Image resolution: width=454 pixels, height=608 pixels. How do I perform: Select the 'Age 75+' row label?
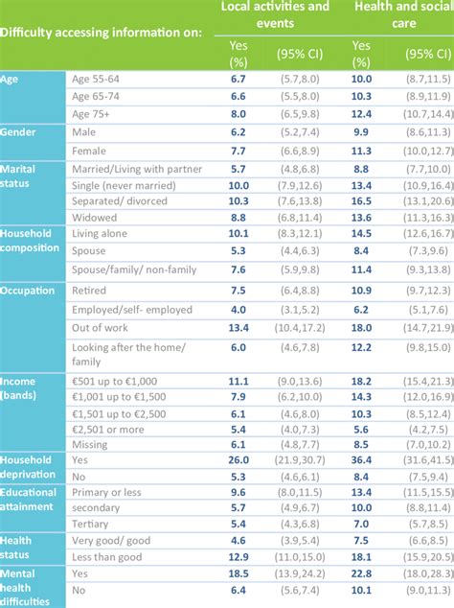point(96,114)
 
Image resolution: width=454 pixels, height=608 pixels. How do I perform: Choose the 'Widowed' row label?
point(94,218)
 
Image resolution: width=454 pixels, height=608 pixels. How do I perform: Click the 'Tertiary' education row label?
point(93,523)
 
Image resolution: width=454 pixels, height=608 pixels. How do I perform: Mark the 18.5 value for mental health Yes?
point(238,573)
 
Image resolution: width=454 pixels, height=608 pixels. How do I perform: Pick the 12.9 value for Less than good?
point(238,556)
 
